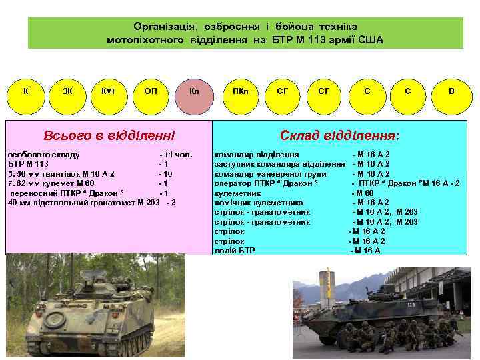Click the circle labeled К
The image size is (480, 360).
click(25, 90)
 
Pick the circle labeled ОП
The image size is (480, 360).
click(151, 90)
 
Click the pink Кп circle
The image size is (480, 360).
click(194, 90)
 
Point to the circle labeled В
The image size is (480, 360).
click(451, 90)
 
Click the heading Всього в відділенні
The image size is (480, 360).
click(109, 136)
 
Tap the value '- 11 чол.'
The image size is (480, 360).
click(175, 155)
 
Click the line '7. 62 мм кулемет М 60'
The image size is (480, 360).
click(51, 183)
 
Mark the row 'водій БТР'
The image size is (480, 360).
click(235, 251)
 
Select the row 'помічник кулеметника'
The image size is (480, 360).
click(258, 203)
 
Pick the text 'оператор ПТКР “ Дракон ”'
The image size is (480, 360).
click(265, 183)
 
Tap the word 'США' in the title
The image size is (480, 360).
click(371, 40)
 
